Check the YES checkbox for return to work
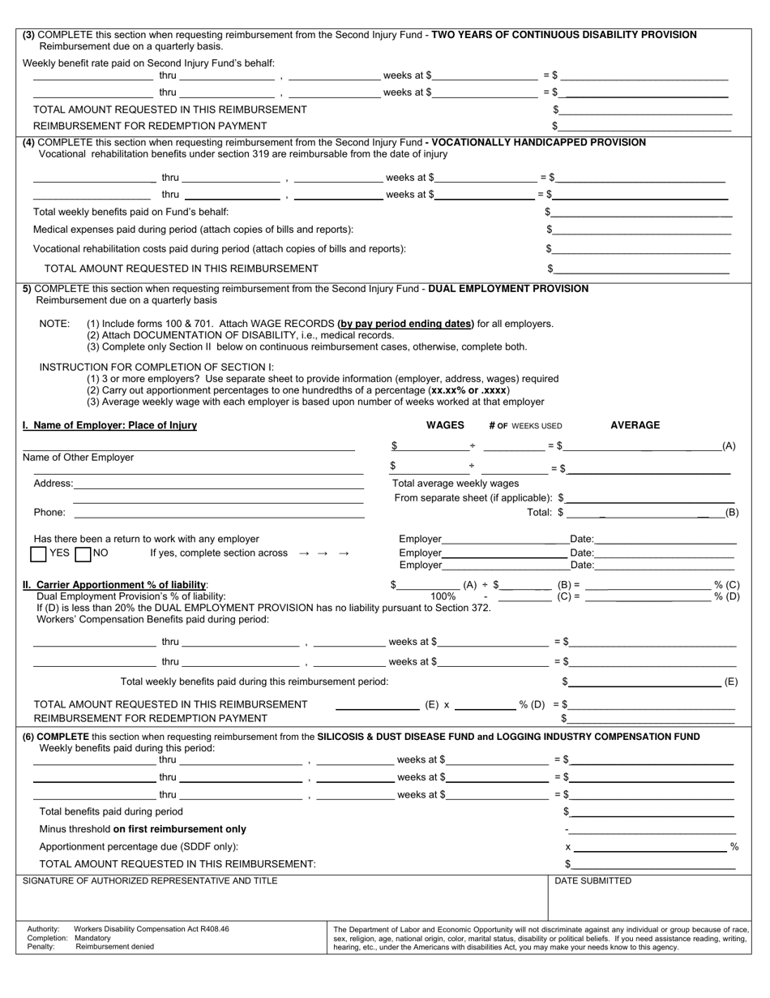38,554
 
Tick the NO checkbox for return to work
82,554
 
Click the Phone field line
219,514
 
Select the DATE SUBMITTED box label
592,881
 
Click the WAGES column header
445,425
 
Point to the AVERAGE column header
635,425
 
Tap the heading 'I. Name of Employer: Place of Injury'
109,425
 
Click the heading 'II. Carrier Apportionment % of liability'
115,585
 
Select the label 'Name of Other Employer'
79,458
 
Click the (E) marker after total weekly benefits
730,682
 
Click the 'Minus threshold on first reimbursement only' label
143,829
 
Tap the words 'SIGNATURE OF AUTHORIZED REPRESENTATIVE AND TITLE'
150,881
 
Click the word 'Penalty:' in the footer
41,947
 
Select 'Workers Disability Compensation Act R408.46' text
152,929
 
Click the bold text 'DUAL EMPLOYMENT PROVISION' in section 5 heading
508,289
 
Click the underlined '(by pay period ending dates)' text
405,324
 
